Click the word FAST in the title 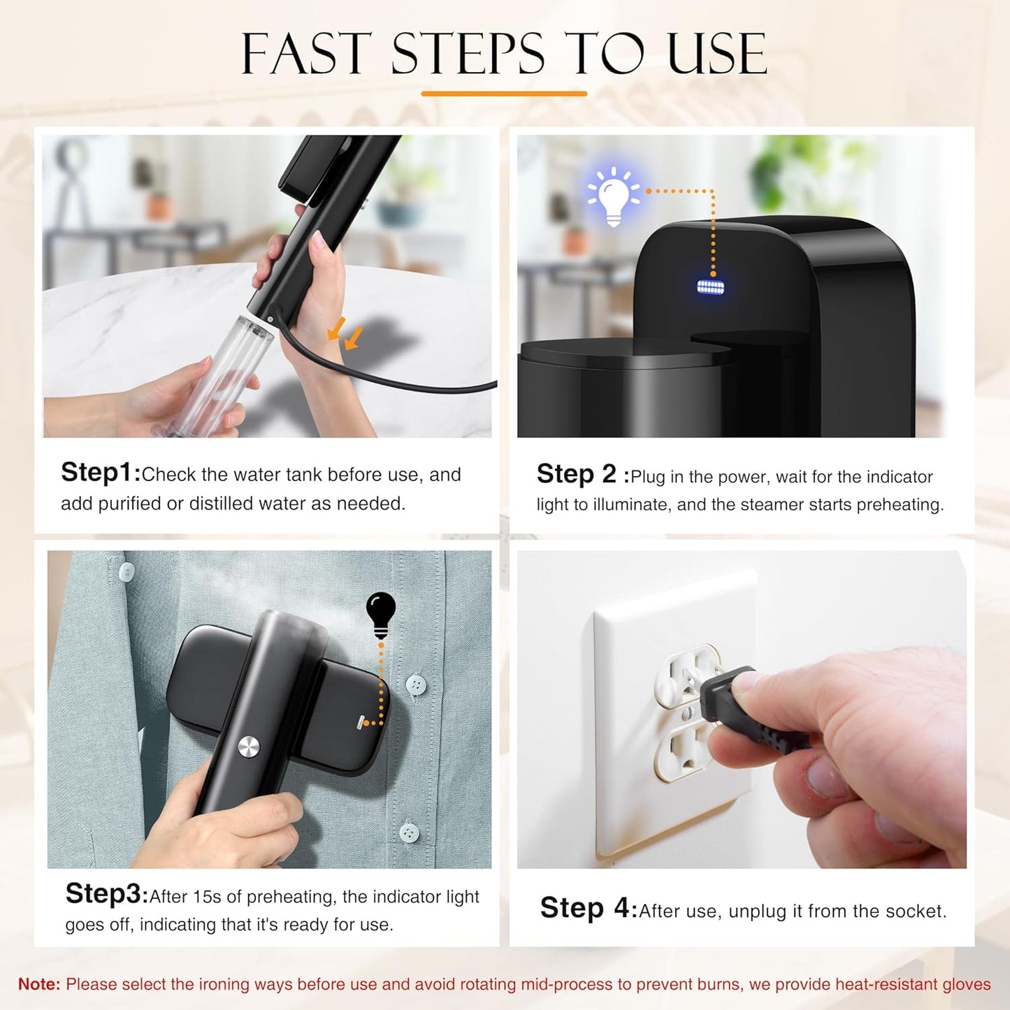[x=305, y=54]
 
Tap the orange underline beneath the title [x=504, y=93]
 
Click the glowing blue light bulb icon [x=614, y=196]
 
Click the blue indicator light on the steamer [x=711, y=287]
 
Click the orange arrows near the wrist [x=345, y=333]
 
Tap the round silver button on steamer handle [x=248, y=747]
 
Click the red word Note [x=39, y=984]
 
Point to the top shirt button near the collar [x=126, y=572]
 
